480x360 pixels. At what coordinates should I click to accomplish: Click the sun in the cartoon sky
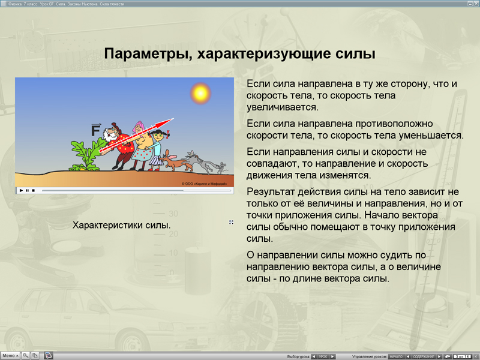[199, 93]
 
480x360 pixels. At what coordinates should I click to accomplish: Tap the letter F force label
[95, 130]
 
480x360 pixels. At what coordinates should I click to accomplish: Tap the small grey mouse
[221, 165]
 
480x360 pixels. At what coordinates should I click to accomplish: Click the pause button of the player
[27, 190]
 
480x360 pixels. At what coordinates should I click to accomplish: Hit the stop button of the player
[34, 190]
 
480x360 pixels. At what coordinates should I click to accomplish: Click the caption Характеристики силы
[121, 226]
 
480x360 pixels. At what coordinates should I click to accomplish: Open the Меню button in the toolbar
[10, 355]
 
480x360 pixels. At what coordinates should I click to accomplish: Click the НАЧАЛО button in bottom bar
[396, 356]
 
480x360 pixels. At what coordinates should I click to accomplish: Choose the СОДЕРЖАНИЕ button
[424, 356]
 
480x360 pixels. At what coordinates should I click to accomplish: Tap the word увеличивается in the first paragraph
[282, 107]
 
